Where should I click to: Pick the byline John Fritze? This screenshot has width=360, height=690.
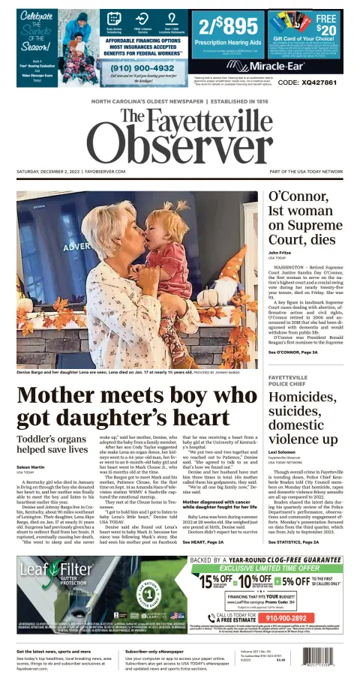click(x=280, y=253)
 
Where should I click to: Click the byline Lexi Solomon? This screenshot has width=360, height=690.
click(x=282, y=451)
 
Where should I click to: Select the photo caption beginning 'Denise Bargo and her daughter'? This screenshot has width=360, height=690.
click(x=120, y=372)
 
